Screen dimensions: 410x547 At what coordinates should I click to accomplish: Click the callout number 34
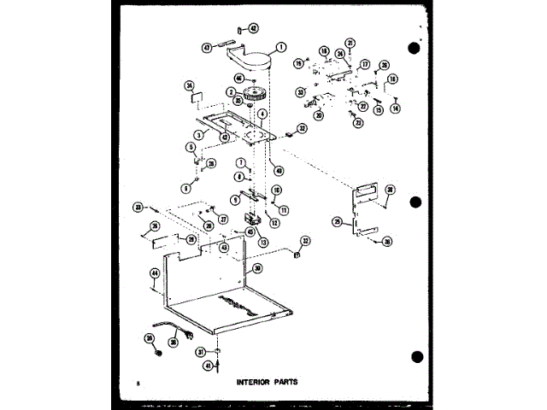tap(191, 85)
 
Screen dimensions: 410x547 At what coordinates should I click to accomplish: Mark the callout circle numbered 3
tap(197, 135)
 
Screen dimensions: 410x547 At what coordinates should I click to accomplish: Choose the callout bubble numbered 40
tap(279, 170)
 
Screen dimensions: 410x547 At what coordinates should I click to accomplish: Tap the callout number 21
tap(350, 43)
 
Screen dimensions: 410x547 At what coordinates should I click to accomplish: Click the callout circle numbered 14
tap(395, 108)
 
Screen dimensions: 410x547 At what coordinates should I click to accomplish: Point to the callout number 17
tap(364, 64)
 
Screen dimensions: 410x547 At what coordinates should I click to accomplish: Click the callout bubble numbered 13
tap(263, 242)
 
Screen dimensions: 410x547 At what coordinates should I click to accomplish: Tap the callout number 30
tap(257, 267)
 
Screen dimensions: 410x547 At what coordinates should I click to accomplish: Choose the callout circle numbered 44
tap(155, 274)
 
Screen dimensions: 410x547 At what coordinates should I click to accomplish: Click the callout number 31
tap(199, 351)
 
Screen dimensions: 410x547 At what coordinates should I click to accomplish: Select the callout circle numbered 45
tap(250, 231)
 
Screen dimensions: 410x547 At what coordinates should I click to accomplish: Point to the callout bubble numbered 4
tap(263, 114)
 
